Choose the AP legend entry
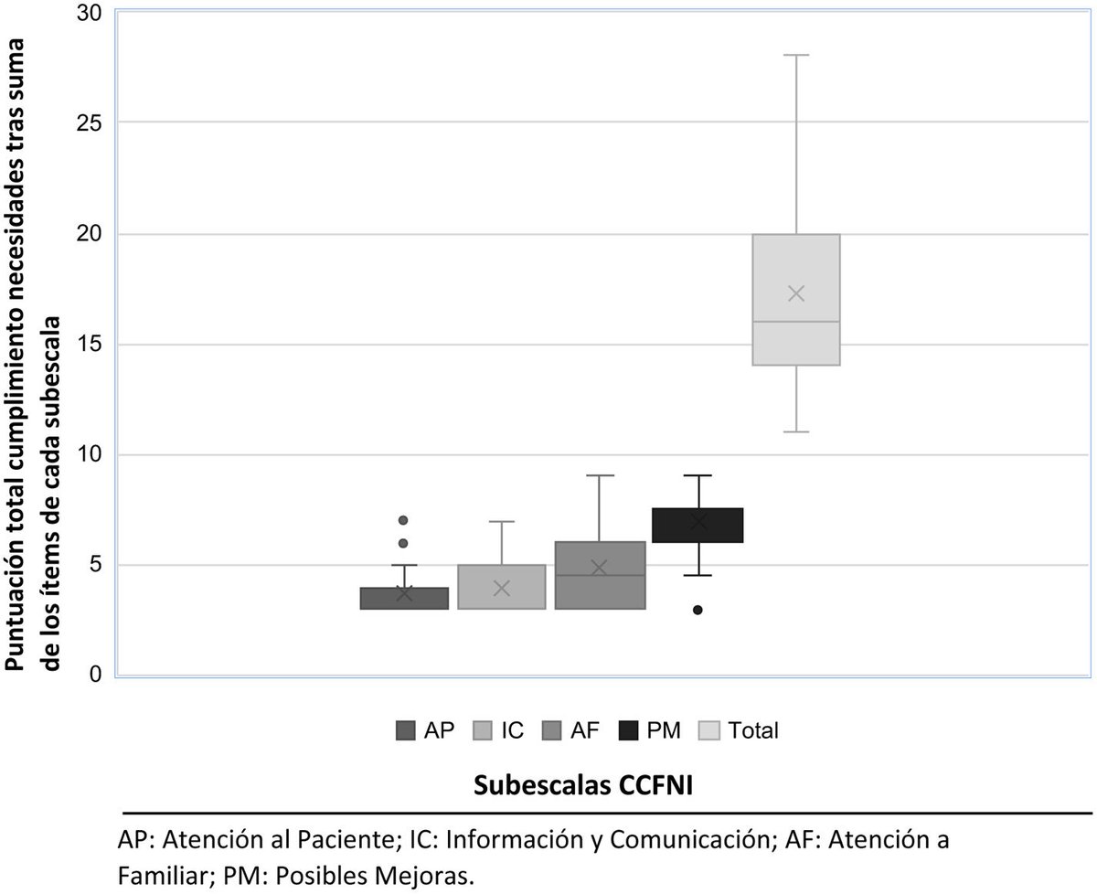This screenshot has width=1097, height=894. [423, 730]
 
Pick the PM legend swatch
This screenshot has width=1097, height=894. [630, 730]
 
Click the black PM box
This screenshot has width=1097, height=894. [698, 526]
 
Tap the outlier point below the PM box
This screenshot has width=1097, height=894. [698, 610]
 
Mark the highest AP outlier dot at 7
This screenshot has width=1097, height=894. [403, 520]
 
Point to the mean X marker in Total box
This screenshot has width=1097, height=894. [796, 293]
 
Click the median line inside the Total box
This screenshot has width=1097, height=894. [796, 322]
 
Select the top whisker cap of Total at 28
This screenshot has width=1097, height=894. [796, 56]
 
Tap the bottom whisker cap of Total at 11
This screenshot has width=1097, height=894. [796, 431]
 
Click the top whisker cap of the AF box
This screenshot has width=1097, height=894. [600, 476]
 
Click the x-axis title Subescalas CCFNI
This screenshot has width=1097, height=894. [583, 785]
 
